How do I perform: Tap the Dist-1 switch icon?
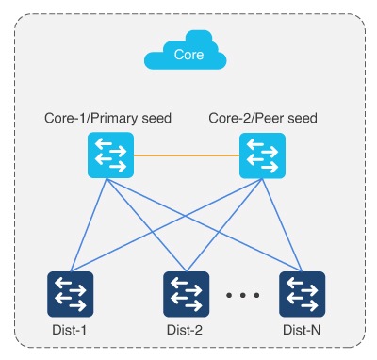point(71,294)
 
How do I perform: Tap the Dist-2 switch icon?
point(186,294)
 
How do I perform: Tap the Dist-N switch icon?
point(303,294)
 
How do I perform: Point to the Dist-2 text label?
point(187,331)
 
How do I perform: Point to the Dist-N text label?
point(303,331)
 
